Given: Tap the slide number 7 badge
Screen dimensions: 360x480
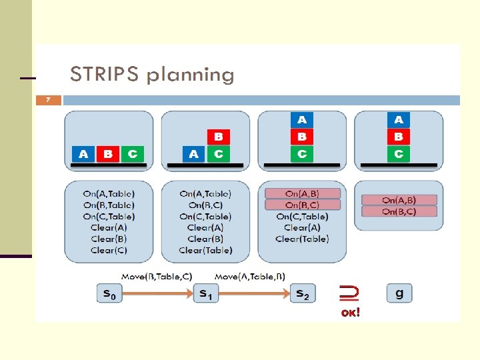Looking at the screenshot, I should [48, 100].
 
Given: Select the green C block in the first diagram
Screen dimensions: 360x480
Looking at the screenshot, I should [133, 154].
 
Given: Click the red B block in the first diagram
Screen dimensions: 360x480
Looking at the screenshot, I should [107, 154].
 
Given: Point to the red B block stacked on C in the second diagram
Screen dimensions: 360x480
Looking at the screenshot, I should [219, 137].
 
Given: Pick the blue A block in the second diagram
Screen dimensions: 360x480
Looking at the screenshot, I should [193, 154].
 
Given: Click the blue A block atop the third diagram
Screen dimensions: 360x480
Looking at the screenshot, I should [302, 120].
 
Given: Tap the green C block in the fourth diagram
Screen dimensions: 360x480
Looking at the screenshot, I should [399, 154].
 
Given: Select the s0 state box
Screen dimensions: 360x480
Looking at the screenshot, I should [110, 293].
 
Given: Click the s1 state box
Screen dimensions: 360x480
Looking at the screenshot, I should [206, 293].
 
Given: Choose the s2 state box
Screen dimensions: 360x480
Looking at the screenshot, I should [303, 293].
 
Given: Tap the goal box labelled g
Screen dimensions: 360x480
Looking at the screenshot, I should [399, 293].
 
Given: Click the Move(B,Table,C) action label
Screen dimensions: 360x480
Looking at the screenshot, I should [156, 276].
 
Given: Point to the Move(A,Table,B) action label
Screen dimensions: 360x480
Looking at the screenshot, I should [250, 276].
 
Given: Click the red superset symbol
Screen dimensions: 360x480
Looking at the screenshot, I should [348, 291].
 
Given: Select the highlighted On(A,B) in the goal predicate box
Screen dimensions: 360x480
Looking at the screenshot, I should [399, 200].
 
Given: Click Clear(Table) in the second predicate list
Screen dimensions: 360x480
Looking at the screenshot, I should [205, 250].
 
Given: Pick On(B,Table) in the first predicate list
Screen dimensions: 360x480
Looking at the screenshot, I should [109, 205].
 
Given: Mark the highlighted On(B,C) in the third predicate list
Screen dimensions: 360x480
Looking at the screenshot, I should [302, 205].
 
